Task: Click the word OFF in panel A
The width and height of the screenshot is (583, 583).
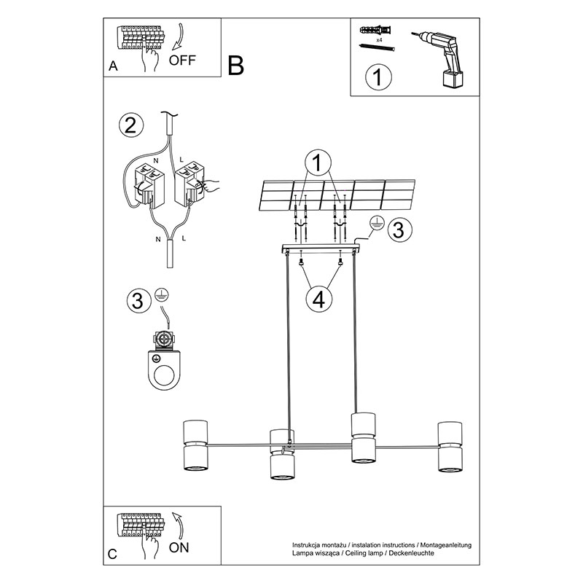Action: coord(182,60)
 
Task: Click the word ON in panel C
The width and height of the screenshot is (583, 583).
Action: coord(179,547)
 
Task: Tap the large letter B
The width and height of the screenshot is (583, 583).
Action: coord(235,66)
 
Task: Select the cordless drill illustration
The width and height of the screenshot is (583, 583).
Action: coord(439,58)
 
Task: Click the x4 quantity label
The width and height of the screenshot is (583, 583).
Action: coord(379,40)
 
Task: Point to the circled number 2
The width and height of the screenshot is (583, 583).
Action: coord(131,125)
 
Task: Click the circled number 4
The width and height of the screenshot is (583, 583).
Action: coord(319,300)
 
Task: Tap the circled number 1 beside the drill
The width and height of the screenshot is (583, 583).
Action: coord(378,77)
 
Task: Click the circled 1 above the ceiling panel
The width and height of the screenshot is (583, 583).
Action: coord(317,163)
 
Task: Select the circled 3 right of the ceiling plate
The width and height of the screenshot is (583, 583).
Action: coord(399,230)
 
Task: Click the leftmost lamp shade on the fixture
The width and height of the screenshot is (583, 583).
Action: coord(195,445)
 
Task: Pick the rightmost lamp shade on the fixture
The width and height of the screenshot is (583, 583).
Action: coord(450,447)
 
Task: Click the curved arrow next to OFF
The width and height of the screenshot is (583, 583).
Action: coord(177,36)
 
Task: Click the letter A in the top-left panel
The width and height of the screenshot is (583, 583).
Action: coord(113,66)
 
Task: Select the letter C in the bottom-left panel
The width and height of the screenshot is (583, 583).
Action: coord(112,555)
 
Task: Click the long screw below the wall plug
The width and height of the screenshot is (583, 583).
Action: coord(377,47)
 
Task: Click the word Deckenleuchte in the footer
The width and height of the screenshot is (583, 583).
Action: coord(411,553)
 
